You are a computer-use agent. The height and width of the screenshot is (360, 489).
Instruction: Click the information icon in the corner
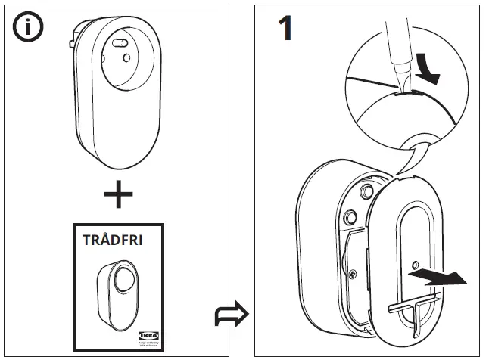pyautogui.click(x=28, y=28)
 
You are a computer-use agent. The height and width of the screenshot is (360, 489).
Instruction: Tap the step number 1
pyautogui.click(x=285, y=29)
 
